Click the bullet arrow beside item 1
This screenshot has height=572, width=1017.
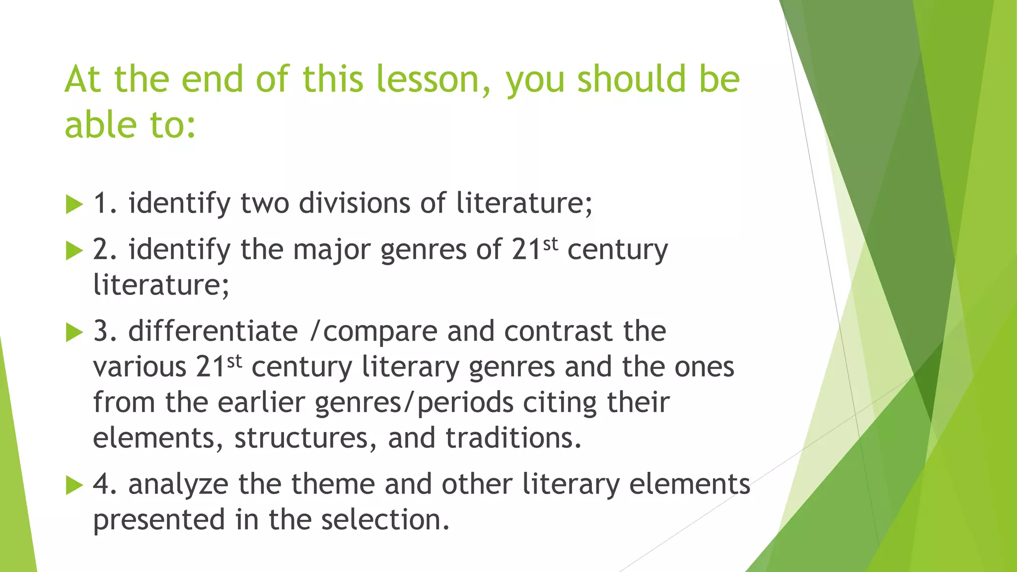click(74, 205)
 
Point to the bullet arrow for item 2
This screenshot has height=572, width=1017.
click(74, 250)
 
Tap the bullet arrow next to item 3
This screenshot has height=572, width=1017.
click(74, 332)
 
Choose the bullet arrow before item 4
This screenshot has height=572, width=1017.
click(74, 485)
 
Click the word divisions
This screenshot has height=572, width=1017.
click(354, 204)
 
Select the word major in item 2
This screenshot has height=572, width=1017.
click(331, 250)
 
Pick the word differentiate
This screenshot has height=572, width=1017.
click(213, 331)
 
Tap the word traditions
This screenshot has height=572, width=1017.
click(513, 438)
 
